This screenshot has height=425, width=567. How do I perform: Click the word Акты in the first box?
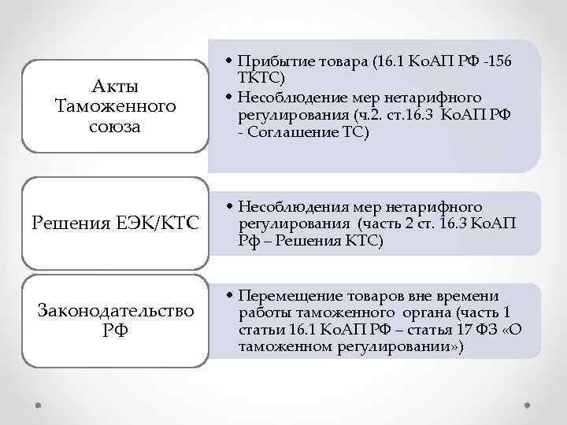click(x=116, y=86)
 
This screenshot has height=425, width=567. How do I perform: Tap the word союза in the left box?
click(x=116, y=125)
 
